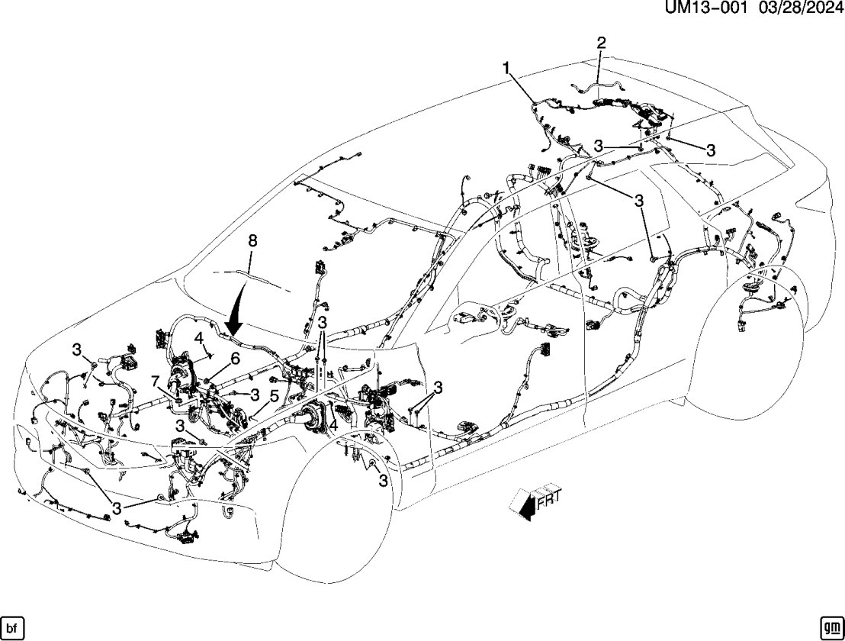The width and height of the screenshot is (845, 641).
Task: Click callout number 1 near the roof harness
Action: coord(505,68)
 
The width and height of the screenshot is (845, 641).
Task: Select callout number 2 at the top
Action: coord(601,42)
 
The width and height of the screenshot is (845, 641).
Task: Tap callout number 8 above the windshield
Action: coord(252,241)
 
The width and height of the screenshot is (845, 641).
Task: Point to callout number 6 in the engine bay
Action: coord(235,358)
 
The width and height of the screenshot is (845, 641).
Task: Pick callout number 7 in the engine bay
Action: coord(155,381)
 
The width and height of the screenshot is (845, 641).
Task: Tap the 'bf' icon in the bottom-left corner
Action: coord(12,627)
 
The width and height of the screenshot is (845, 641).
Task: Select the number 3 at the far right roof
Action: coord(710,150)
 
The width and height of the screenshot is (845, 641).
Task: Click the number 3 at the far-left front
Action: coord(76,349)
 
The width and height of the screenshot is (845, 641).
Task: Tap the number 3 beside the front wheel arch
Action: coord(382,481)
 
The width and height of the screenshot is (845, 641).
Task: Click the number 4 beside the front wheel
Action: coord(333,427)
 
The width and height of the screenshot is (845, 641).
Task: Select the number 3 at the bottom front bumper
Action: coord(117,507)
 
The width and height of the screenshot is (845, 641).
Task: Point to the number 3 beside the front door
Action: coord(438,388)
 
